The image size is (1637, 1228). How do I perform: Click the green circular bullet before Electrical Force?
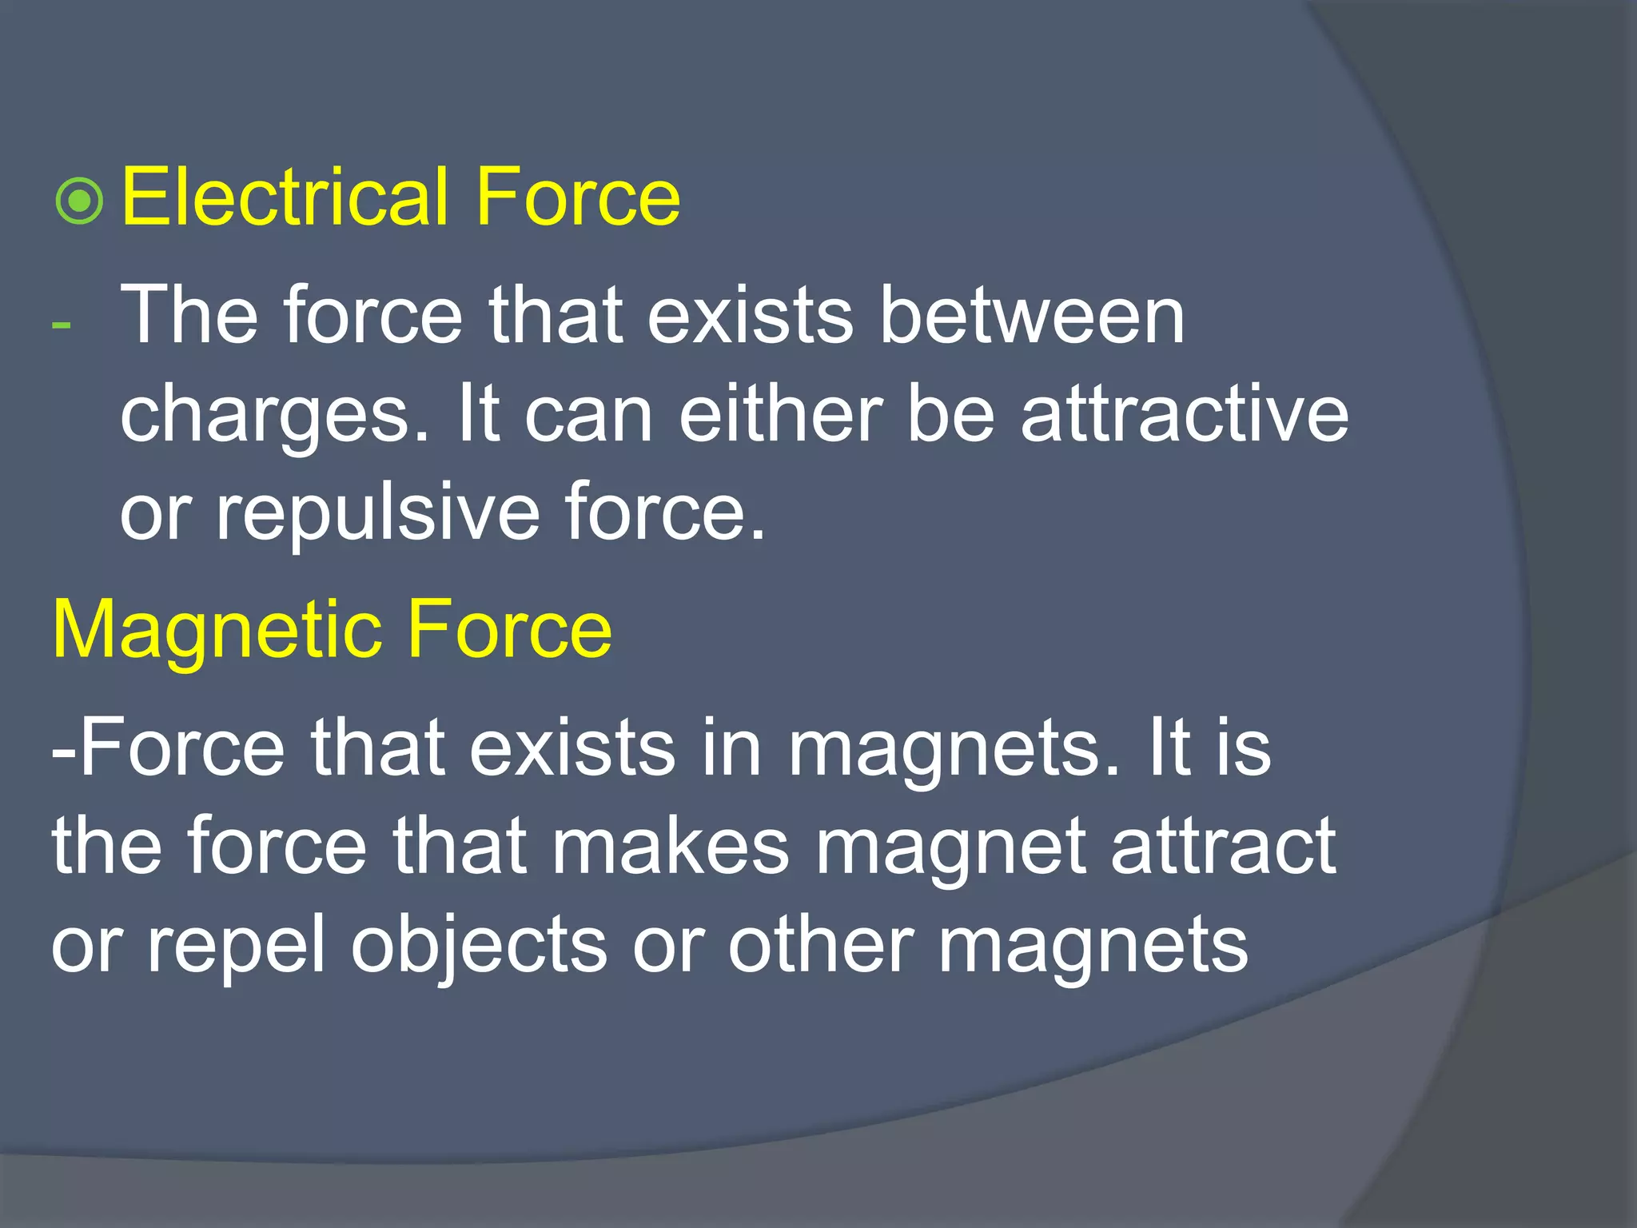[80, 201]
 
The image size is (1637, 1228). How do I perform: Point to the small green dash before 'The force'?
[61, 325]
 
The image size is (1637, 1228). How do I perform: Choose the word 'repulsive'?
[378, 513]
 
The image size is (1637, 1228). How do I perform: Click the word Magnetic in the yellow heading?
[214, 630]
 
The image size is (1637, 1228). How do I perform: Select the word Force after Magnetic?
[509, 630]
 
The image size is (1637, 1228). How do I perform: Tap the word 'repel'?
[237, 946]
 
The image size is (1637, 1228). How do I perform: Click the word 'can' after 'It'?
[587, 417]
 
